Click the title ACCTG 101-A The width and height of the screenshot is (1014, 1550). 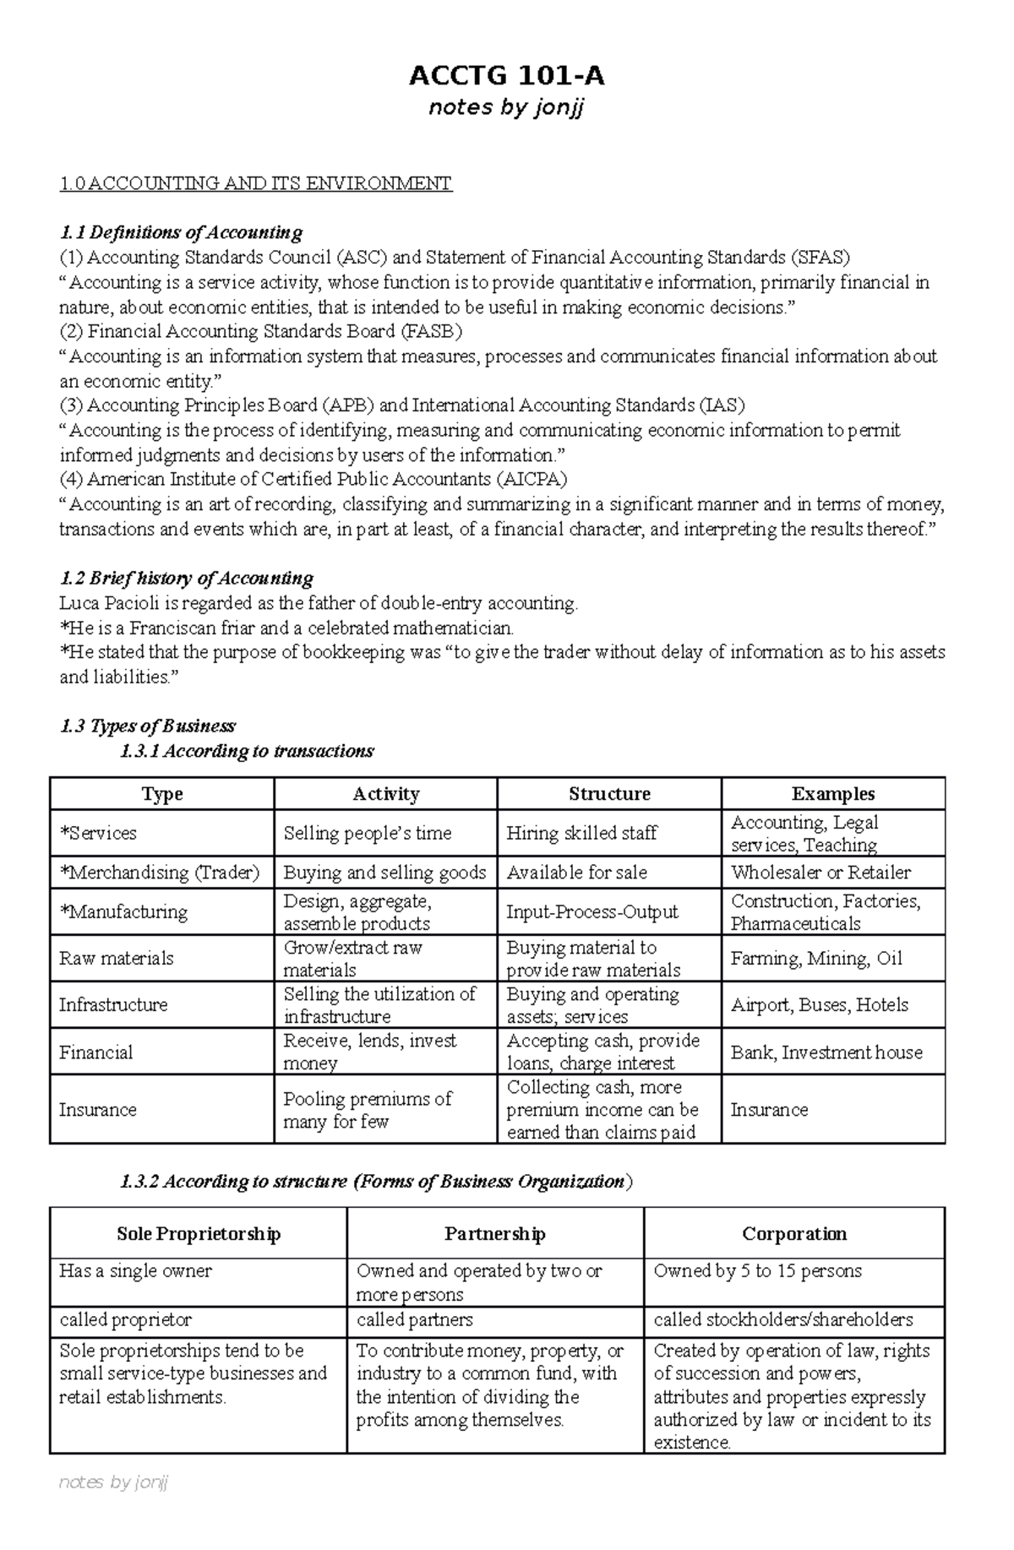(x=506, y=77)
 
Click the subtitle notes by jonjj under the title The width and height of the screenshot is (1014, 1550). (x=506, y=108)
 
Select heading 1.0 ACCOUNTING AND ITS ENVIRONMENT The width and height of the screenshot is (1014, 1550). (x=255, y=183)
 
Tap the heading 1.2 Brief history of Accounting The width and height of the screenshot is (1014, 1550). (x=186, y=579)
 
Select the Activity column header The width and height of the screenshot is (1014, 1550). (x=385, y=794)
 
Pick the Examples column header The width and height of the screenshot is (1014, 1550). (x=832, y=794)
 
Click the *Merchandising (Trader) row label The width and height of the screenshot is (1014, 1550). (x=160, y=873)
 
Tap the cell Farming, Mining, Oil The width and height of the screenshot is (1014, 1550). (x=816, y=959)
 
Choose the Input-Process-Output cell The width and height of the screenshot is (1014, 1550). (x=591, y=912)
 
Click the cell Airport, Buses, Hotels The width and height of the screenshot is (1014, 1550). (x=819, y=1005)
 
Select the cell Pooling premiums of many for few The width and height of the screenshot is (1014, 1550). (x=367, y=1110)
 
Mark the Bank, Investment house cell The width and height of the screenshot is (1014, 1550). (x=826, y=1052)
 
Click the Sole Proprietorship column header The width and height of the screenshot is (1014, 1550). (x=199, y=1234)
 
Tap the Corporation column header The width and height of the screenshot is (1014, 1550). (x=793, y=1234)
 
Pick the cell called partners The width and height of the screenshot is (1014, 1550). (x=414, y=1320)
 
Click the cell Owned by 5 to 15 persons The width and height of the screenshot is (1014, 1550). (x=757, y=1271)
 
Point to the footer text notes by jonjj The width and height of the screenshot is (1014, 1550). (x=114, y=1505)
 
